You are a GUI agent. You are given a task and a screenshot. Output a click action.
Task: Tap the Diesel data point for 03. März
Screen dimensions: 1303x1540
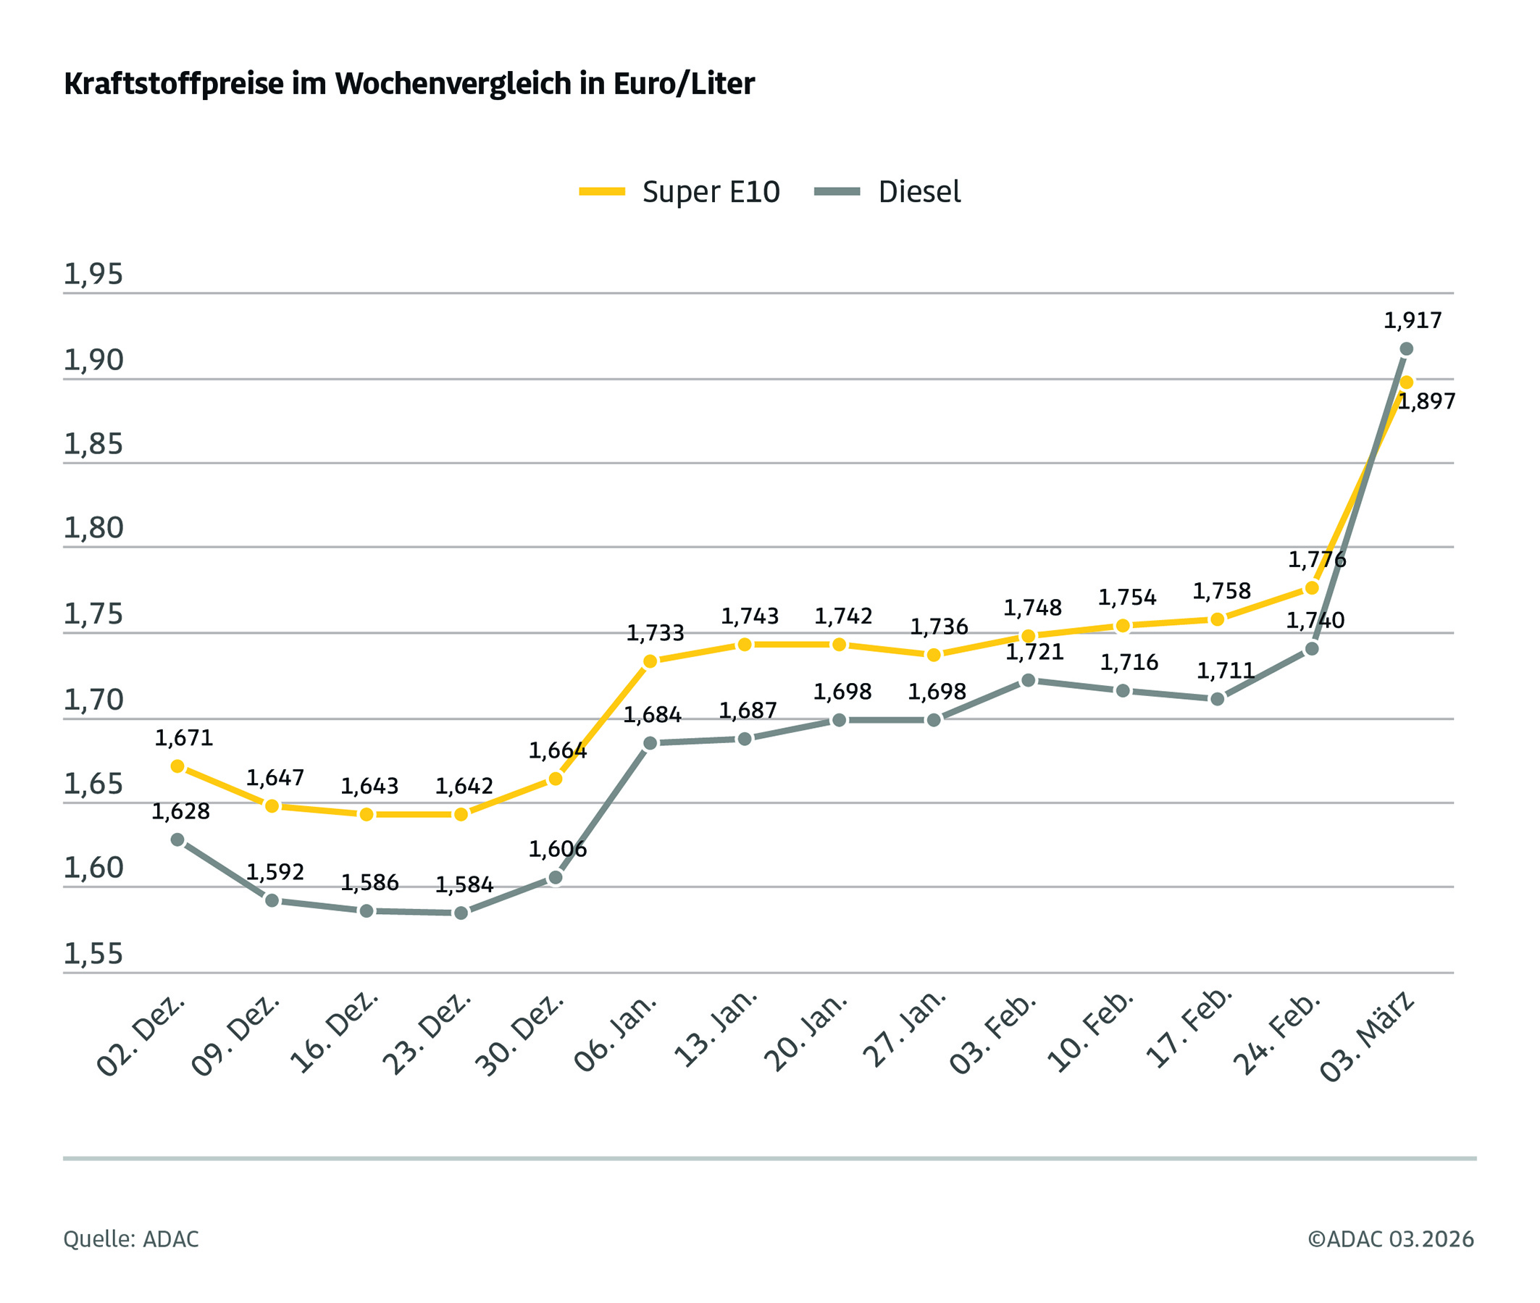(x=1405, y=348)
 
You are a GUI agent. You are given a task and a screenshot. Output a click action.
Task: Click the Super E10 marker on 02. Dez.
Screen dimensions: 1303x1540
(x=177, y=766)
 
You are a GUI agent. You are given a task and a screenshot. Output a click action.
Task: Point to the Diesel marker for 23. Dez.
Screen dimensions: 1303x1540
(x=461, y=913)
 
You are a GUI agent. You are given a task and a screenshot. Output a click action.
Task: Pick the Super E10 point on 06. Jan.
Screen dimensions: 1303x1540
(x=650, y=661)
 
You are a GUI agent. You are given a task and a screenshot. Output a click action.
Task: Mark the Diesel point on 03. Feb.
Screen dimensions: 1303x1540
(x=1028, y=679)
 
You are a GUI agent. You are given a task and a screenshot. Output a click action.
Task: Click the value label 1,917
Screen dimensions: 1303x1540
(x=1413, y=321)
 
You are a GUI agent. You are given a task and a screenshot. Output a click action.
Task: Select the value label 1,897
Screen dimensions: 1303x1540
(x=1426, y=402)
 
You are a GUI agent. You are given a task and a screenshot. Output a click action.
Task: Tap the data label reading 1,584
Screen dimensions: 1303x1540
(x=464, y=884)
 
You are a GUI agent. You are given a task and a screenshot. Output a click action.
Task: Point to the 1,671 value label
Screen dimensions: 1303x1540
(x=184, y=737)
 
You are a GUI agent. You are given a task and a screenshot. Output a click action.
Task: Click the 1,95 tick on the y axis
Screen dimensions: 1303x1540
(x=93, y=274)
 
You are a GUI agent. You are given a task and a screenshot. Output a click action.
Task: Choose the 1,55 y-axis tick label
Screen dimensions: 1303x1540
(x=93, y=954)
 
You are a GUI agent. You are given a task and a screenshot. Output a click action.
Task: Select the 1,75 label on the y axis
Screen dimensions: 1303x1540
(x=93, y=613)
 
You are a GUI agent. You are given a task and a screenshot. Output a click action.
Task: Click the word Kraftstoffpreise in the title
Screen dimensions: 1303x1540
(x=174, y=84)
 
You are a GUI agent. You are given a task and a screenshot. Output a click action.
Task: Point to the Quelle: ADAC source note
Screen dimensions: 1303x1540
(x=130, y=1239)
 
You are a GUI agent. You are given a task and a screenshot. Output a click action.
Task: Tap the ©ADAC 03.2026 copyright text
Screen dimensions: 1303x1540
(x=1390, y=1239)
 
